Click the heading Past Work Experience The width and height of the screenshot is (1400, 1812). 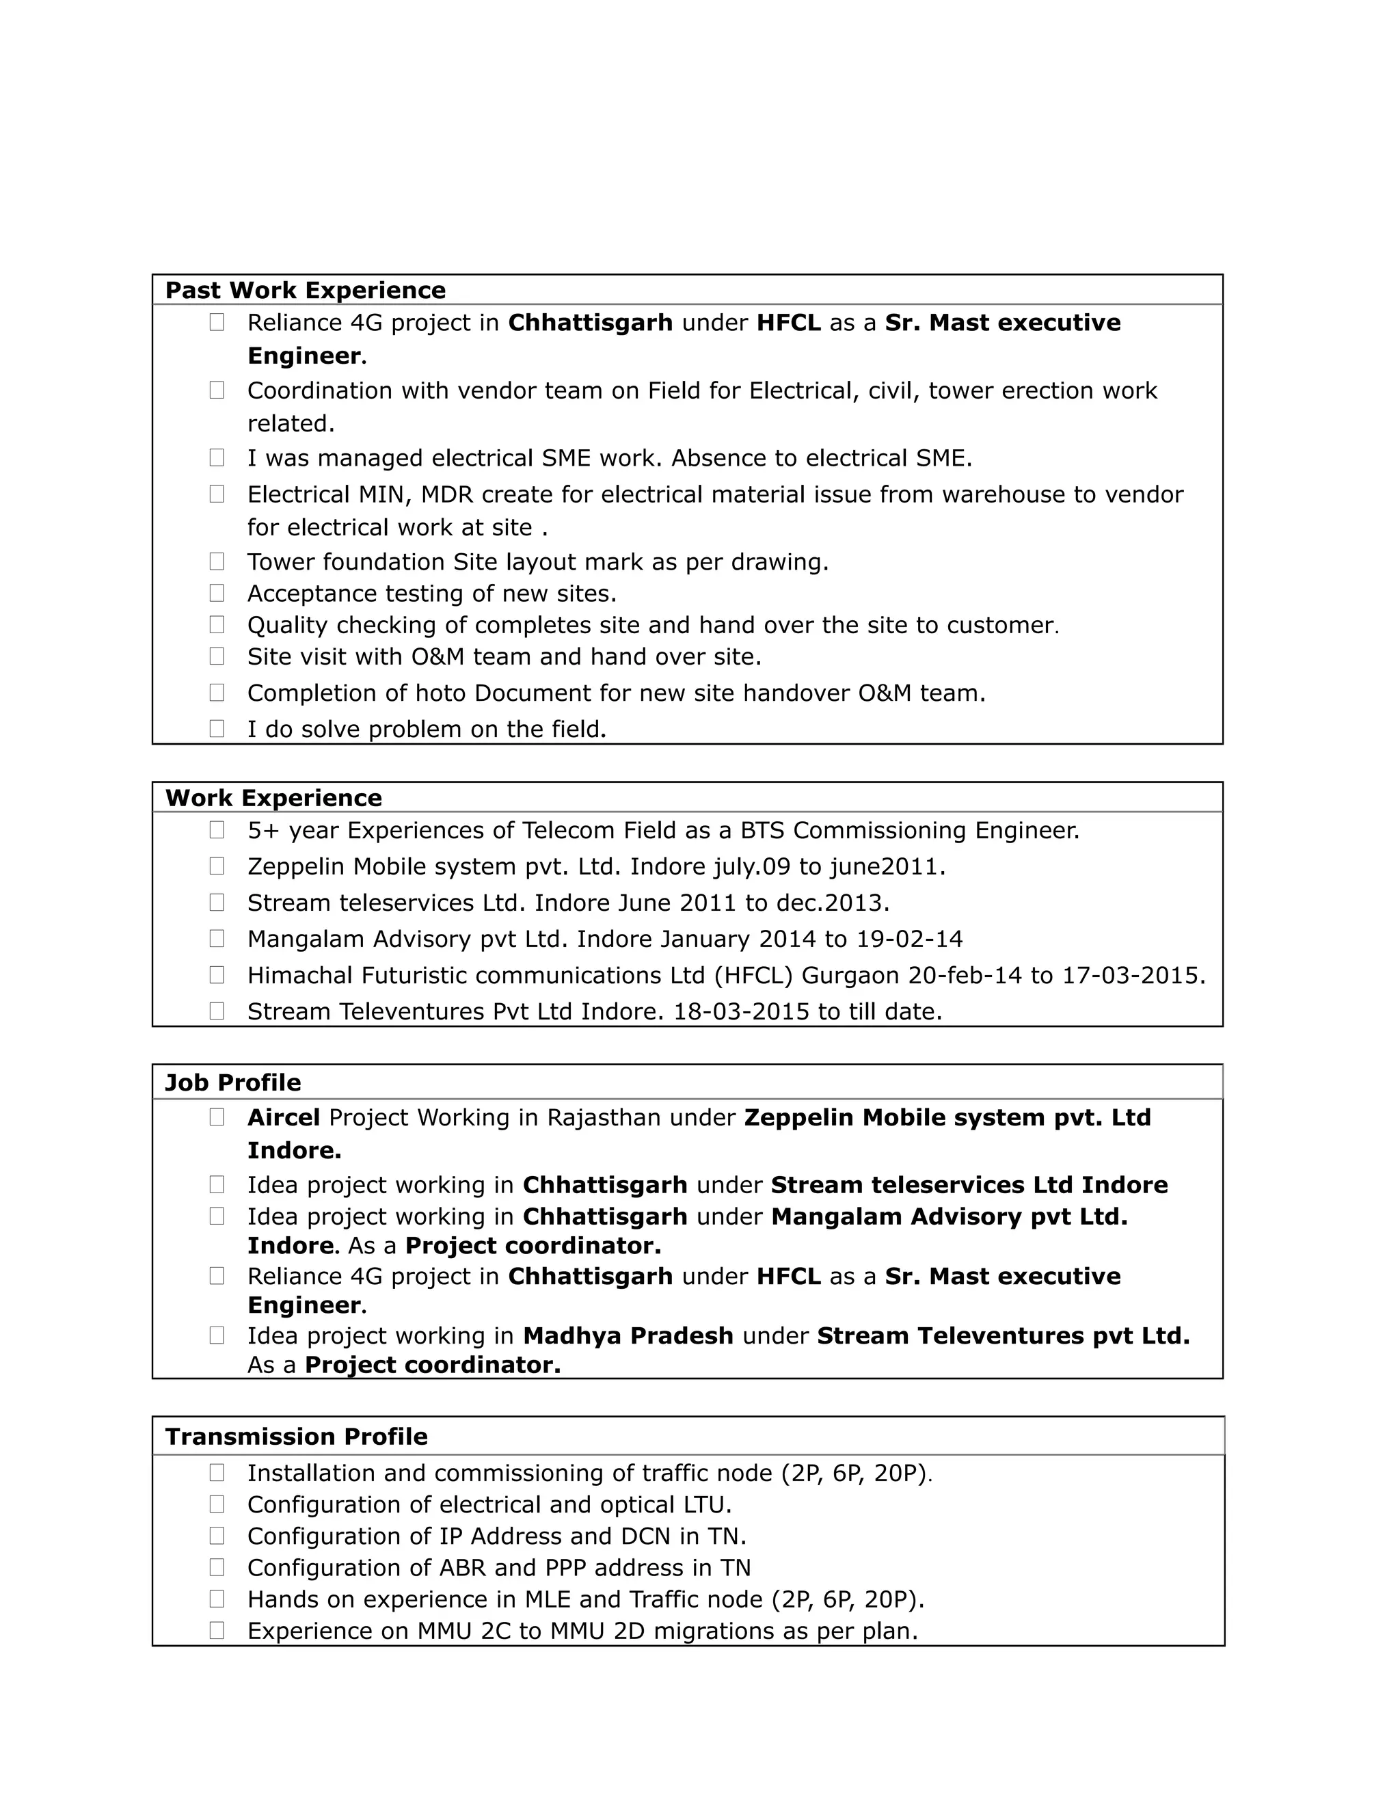(305, 291)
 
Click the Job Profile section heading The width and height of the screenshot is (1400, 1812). (233, 1082)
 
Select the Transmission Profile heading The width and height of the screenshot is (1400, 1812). (296, 1437)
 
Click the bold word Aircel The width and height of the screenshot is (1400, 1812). (284, 1117)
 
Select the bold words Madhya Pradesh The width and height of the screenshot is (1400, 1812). (628, 1336)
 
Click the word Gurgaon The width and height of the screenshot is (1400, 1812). (850, 976)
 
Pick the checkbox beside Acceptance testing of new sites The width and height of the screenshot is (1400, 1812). (217, 594)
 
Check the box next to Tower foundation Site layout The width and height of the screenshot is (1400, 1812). (217, 561)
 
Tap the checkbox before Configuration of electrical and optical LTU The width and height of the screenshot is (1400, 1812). (217, 1504)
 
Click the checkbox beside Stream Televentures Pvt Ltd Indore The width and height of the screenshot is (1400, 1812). (217, 1011)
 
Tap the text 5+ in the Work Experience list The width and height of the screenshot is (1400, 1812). (264, 831)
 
